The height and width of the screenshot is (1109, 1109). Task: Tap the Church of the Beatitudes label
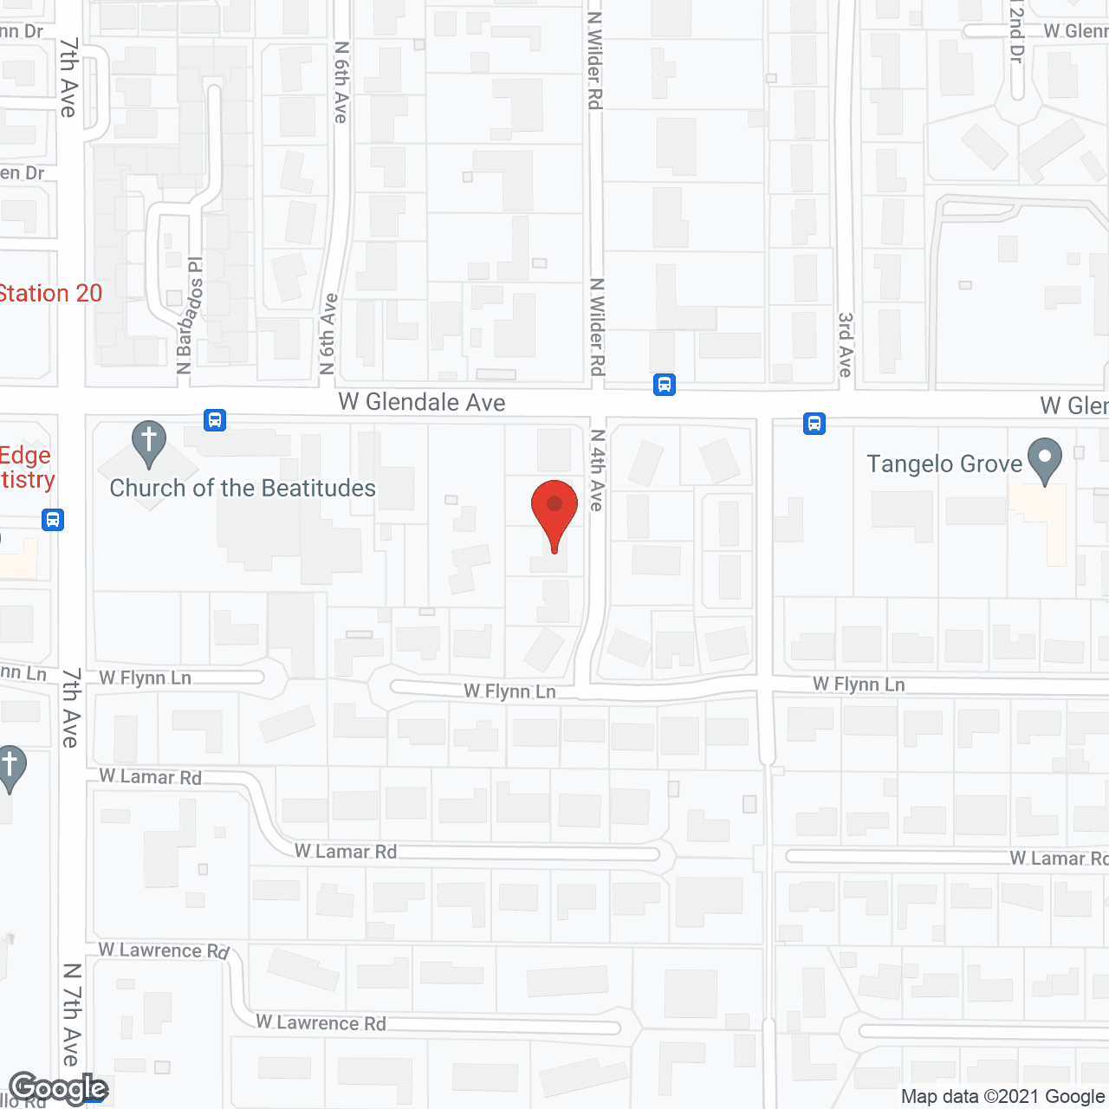(243, 489)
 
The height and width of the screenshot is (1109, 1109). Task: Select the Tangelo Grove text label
(944, 464)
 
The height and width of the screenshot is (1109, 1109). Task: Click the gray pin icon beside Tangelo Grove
(1045, 460)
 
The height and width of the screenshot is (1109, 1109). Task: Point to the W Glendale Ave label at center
(422, 402)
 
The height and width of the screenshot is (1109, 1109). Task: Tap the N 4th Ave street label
(597, 470)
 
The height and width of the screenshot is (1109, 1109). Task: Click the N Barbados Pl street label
(190, 315)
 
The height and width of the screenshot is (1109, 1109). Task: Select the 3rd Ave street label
(846, 345)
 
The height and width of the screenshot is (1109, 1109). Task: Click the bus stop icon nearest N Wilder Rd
(665, 384)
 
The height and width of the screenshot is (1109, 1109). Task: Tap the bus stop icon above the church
(215, 420)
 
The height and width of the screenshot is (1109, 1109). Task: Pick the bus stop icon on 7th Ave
(53, 520)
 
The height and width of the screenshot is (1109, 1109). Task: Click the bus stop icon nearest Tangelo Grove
(814, 424)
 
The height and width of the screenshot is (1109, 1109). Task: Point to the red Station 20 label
(51, 294)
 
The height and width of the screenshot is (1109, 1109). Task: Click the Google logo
(59, 1088)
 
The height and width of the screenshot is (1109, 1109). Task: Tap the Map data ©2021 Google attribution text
(1003, 1097)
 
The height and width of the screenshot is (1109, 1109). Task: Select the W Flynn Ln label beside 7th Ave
(146, 678)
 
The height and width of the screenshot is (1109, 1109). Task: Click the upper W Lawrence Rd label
(164, 950)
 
